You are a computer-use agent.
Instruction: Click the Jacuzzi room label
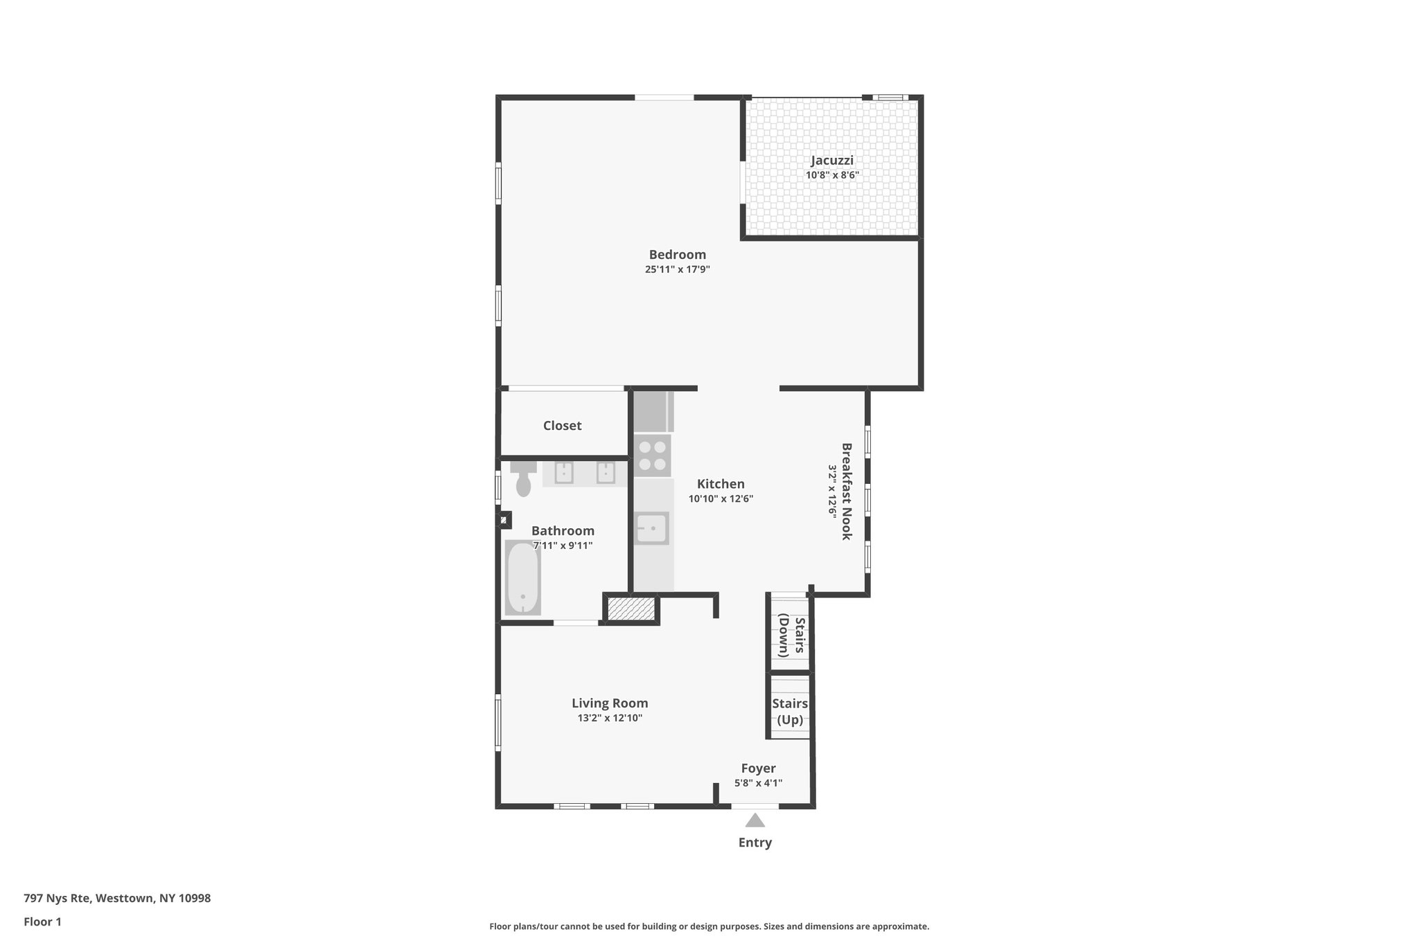tap(832, 161)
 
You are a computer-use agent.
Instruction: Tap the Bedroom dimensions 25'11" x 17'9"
tap(677, 269)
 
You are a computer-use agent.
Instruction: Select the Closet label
tap(562, 426)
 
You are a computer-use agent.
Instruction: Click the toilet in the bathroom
tap(524, 479)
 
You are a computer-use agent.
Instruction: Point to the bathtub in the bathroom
tap(522, 578)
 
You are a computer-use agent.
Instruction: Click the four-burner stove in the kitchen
tap(652, 456)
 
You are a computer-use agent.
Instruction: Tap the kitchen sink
tap(651, 529)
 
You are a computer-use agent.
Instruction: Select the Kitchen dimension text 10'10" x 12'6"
tap(721, 498)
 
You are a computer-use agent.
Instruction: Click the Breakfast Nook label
tap(846, 492)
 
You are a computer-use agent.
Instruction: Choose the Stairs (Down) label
tap(791, 635)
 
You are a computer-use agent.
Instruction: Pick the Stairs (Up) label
tap(790, 712)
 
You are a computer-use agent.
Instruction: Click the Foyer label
tap(758, 768)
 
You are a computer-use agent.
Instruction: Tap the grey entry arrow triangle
tap(755, 821)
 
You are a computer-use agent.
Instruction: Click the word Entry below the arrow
tap(755, 843)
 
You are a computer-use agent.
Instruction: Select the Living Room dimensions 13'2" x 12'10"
tap(610, 718)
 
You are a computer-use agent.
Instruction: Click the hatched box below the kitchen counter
tap(631, 609)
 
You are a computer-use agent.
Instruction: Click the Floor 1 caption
tap(42, 921)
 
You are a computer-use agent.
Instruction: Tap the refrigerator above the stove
tap(652, 412)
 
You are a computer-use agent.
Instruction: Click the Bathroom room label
tap(563, 531)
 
